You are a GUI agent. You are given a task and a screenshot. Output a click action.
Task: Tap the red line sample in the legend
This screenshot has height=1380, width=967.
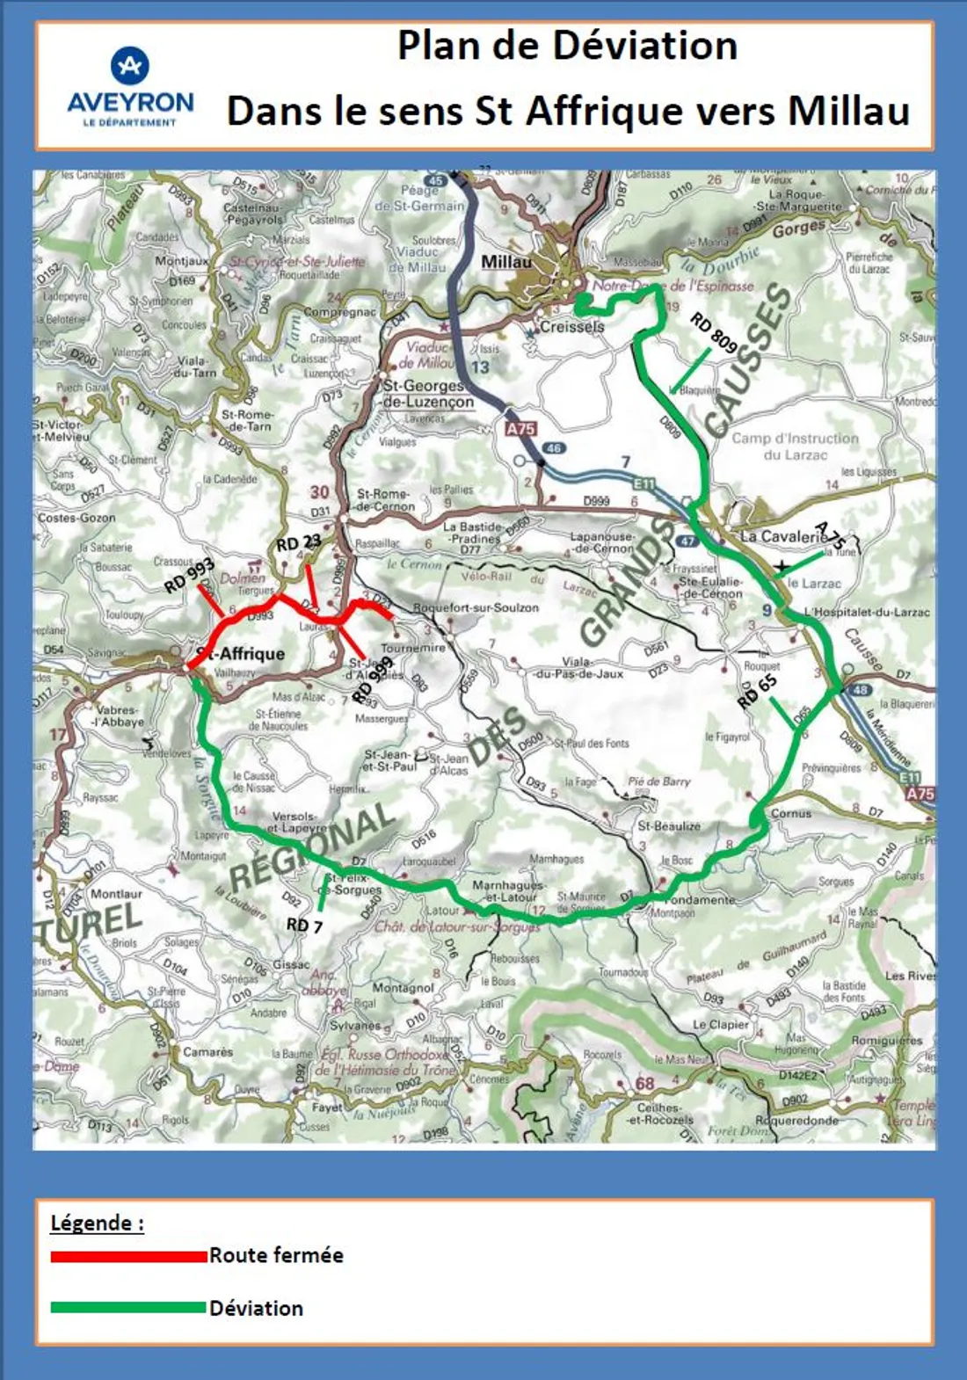(x=128, y=1256)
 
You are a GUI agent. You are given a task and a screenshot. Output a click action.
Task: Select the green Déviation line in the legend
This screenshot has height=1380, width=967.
(x=128, y=1308)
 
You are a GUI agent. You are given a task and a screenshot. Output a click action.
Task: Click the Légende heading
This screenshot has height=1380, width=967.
(x=97, y=1223)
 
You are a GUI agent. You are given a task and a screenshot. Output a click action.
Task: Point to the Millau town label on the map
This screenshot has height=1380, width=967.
(x=506, y=262)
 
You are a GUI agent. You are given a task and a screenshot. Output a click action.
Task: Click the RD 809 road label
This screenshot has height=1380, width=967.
(x=713, y=332)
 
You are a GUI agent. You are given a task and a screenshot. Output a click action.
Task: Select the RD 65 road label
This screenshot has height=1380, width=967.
(x=757, y=691)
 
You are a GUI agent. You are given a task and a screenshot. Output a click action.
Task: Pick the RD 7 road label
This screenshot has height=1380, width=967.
(x=304, y=925)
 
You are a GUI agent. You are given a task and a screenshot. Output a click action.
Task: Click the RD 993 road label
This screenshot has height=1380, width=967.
(x=189, y=576)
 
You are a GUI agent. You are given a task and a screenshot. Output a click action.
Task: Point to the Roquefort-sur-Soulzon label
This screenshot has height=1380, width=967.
(x=476, y=607)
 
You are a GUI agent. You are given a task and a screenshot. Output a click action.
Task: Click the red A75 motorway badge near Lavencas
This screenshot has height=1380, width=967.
(x=520, y=429)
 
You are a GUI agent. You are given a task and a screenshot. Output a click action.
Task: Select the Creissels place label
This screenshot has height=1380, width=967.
(x=572, y=326)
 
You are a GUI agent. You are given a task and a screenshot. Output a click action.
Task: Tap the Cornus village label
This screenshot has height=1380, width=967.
(x=791, y=813)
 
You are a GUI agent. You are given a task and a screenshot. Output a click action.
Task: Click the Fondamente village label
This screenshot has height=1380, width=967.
(x=700, y=900)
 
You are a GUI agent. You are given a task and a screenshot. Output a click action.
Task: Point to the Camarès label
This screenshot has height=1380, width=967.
(x=208, y=1051)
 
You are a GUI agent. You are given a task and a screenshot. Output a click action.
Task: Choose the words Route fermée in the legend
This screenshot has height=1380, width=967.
(x=276, y=1255)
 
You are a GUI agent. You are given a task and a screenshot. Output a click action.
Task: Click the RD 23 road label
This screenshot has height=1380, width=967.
(x=299, y=543)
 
